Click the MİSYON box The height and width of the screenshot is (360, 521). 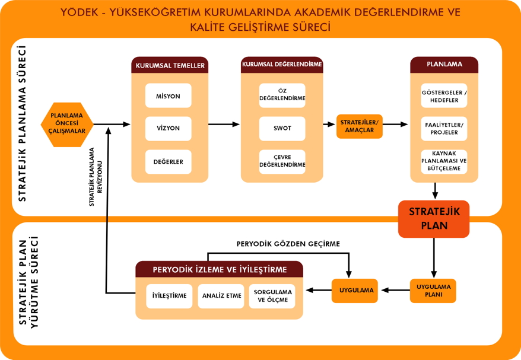pyautogui.click(x=168, y=95)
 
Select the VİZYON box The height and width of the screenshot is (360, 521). pyautogui.click(x=168, y=129)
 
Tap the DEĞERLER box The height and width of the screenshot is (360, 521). pyautogui.click(x=168, y=162)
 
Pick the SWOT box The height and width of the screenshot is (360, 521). pyautogui.click(x=282, y=129)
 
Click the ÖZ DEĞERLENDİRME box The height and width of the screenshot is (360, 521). pyautogui.click(x=282, y=95)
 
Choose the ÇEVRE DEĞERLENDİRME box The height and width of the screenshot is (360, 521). pyautogui.click(x=282, y=162)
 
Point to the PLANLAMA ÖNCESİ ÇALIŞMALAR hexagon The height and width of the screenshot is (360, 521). pyautogui.click(x=67, y=125)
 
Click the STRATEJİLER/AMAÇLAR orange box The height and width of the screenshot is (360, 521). pyautogui.click(x=360, y=126)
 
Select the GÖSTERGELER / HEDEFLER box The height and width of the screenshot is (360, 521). pyautogui.click(x=444, y=95)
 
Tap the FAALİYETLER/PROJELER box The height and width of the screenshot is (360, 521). pyautogui.click(x=444, y=129)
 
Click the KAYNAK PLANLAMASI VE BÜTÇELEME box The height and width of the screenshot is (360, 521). pyautogui.click(x=444, y=162)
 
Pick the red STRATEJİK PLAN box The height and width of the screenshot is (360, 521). pyautogui.click(x=434, y=219)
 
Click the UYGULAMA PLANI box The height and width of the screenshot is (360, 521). pyautogui.click(x=433, y=291)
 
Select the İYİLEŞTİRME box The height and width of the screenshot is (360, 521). pyautogui.click(x=169, y=296)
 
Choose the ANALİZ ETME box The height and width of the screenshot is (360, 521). pyautogui.click(x=221, y=296)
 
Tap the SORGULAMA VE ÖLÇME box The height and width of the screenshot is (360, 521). pyautogui.click(x=272, y=296)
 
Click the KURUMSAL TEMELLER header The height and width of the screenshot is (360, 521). pyautogui.click(x=170, y=65)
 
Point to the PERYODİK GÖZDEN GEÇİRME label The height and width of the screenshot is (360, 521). pyautogui.click(x=288, y=244)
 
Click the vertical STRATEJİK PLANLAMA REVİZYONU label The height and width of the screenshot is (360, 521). pyautogui.click(x=96, y=177)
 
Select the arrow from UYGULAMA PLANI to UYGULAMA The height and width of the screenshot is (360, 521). pyautogui.click(x=396, y=290)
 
